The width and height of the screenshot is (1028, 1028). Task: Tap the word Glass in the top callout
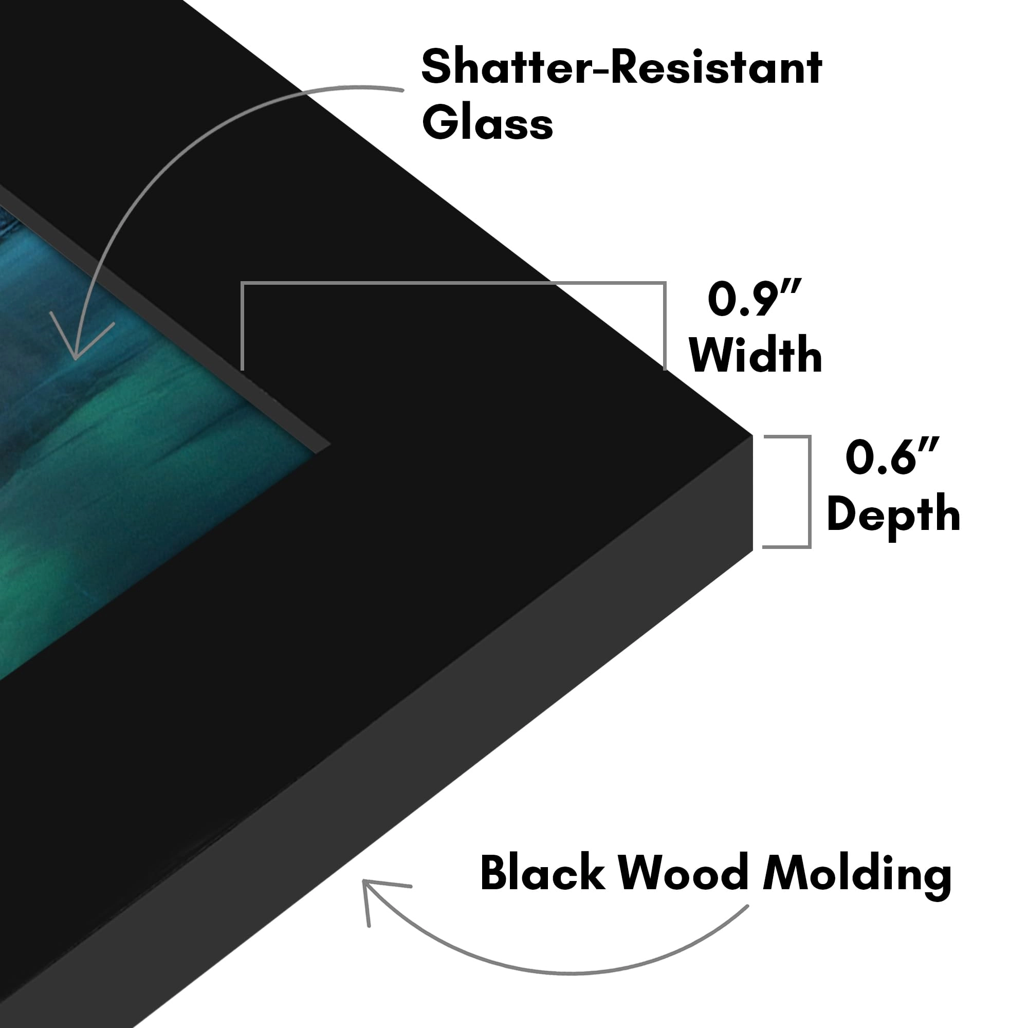tap(487, 123)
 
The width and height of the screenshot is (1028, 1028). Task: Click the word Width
tap(756, 354)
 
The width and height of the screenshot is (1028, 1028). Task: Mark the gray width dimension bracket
tap(453, 283)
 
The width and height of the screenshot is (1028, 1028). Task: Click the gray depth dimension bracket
tap(809, 492)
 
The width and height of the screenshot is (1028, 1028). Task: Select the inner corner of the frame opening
tap(330, 444)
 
